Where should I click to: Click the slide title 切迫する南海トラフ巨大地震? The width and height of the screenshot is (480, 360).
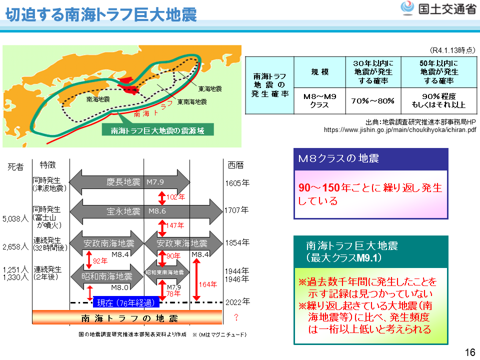[101, 14]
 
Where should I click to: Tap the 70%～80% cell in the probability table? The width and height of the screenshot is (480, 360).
[373, 101]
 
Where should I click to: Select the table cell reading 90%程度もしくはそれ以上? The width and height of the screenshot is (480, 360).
[438, 100]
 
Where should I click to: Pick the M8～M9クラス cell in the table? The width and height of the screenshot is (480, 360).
[319, 100]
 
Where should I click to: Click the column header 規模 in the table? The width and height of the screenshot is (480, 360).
[319, 72]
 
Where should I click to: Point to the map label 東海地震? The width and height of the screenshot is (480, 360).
[210, 89]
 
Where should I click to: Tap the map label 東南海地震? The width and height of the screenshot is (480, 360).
[192, 101]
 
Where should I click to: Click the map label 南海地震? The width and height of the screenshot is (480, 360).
[98, 99]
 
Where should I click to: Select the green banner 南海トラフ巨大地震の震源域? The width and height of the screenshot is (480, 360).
[157, 130]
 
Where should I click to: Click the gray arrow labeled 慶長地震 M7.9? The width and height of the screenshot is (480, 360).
[129, 182]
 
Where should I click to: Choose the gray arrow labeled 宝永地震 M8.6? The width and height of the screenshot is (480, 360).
[146, 211]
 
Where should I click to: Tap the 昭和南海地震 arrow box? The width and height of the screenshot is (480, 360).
[107, 276]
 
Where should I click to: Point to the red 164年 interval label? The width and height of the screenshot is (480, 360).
[208, 284]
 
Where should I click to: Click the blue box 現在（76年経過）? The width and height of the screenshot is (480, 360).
[126, 302]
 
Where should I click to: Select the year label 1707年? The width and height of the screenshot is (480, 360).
[236, 210]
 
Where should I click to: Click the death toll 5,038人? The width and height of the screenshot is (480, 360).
[15, 218]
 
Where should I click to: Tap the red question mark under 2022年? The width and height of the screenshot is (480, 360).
[236, 317]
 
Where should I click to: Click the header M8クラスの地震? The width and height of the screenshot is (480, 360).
[370, 159]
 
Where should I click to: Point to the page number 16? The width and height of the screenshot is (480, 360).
[470, 352]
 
